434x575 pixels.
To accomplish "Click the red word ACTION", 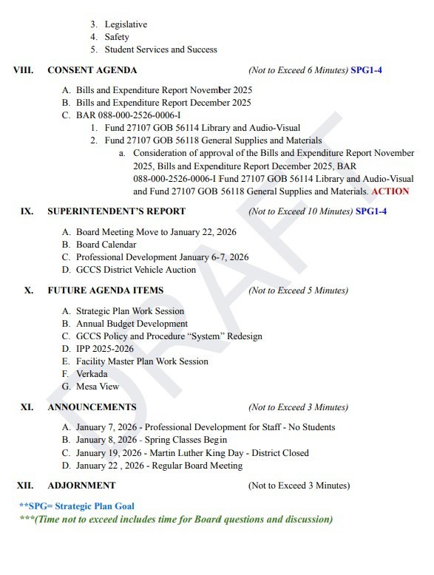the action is tap(390, 191).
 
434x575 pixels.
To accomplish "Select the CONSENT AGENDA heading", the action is tap(92, 70).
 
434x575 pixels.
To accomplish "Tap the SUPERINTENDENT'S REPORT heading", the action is tap(105, 211).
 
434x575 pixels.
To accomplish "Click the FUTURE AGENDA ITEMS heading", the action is tap(105, 290).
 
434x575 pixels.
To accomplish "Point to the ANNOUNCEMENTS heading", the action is tap(92, 407).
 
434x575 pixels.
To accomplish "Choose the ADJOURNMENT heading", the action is tap(81, 486).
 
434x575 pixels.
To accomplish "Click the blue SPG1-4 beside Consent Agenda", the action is tap(367, 70).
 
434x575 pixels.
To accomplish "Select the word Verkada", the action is tap(92, 374).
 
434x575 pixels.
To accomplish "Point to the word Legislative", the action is tap(126, 24).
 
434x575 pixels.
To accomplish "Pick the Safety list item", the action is tap(117, 37).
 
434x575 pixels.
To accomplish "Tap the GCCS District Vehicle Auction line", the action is tap(136, 270).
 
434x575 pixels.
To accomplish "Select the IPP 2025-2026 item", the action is tap(105, 349).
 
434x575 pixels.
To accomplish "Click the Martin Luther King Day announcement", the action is tap(192, 453).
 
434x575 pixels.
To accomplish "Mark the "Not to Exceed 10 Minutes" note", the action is tap(300, 211).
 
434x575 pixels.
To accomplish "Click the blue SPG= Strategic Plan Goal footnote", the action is tap(77, 506).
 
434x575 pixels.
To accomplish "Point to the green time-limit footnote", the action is tap(176, 519).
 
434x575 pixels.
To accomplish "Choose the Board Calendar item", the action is tap(106, 245).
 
